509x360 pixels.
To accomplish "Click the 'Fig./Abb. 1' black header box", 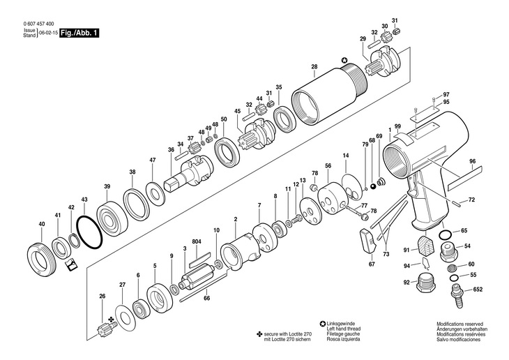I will point(78,33).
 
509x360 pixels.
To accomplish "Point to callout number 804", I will point(197,241).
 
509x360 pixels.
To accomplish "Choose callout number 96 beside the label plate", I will point(472,161).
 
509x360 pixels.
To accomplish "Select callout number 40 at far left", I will point(42,224).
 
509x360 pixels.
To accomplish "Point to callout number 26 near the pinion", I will point(102,297).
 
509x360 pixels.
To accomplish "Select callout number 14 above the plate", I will point(345,154).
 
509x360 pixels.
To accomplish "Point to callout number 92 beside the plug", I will point(406,282).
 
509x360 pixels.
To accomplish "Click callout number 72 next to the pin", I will point(471,200).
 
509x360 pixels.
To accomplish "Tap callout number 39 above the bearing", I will point(107,186).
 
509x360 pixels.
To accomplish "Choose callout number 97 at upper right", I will point(446,94).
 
